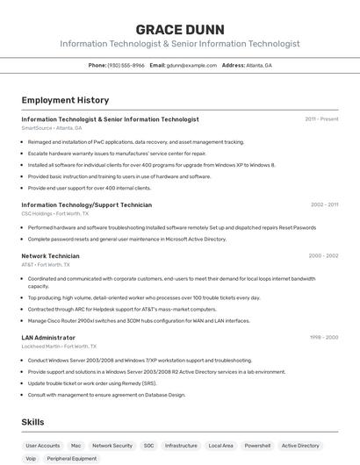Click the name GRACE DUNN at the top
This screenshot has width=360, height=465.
[180, 29]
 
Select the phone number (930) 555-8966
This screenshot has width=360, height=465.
[126, 65]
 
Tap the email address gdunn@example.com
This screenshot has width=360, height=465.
[191, 65]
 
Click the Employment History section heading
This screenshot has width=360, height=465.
[65, 100]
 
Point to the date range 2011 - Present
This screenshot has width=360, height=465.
[321, 118]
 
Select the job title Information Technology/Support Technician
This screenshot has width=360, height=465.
[86, 204]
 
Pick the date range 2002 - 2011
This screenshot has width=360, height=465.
[324, 204]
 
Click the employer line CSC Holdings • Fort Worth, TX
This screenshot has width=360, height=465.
[54, 213]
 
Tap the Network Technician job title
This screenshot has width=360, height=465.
[50, 255]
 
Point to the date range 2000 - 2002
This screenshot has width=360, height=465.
[323, 255]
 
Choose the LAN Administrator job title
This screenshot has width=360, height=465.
[48, 337]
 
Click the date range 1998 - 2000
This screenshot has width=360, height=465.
[324, 337]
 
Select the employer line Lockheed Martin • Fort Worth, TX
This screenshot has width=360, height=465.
[60, 347]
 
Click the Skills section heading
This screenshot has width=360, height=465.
[32, 422]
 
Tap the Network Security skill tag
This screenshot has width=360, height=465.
[112, 446]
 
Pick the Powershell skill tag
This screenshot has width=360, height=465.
[257, 446]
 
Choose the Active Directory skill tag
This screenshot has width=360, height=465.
[300, 446]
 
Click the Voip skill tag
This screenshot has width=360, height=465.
[31, 458]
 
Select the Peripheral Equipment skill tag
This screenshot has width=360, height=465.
[72, 458]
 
